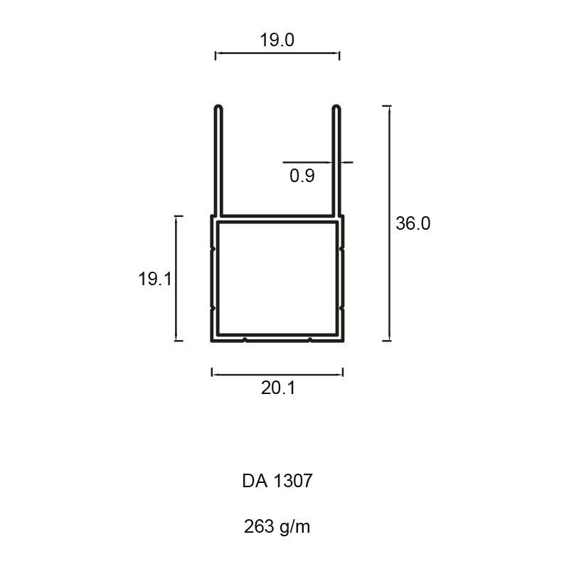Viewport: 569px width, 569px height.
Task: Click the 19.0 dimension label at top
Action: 277,40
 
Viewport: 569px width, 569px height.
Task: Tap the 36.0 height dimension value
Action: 413,223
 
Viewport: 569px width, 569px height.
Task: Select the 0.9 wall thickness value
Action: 302,176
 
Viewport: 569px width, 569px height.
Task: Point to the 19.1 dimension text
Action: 155,279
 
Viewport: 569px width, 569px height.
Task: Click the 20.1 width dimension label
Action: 278,388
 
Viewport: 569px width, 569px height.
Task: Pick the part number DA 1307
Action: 277,481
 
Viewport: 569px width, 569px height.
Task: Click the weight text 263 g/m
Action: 277,526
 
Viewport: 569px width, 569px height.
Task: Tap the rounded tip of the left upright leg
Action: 218,107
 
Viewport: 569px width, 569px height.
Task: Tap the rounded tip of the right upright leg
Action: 336,107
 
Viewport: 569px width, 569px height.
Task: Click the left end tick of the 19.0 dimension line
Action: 216,55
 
